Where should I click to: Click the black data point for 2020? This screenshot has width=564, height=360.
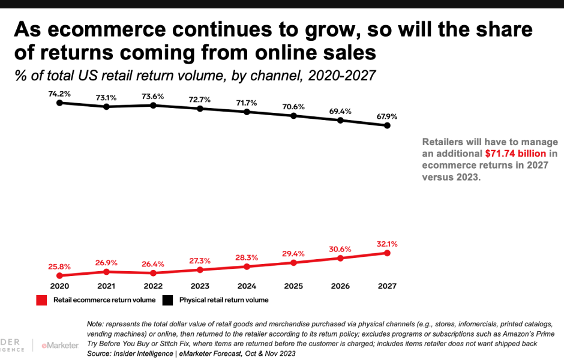pyautogui.click(x=59, y=103)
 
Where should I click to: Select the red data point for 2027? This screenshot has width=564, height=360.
pyautogui.click(x=387, y=253)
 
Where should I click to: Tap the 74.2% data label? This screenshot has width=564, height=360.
pyautogui.click(x=59, y=94)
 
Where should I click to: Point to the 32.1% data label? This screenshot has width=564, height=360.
pyautogui.click(x=387, y=244)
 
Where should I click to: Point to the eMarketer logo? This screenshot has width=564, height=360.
pyautogui.click(x=59, y=345)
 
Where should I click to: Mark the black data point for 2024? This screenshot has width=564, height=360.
pyautogui.click(x=247, y=112)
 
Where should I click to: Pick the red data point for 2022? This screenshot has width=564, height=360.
pyautogui.click(x=153, y=272)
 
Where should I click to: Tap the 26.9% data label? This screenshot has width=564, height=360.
pyautogui.click(x=106, y=262)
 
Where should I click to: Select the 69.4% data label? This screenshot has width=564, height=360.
pyautogui.click(x=340, y=111)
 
